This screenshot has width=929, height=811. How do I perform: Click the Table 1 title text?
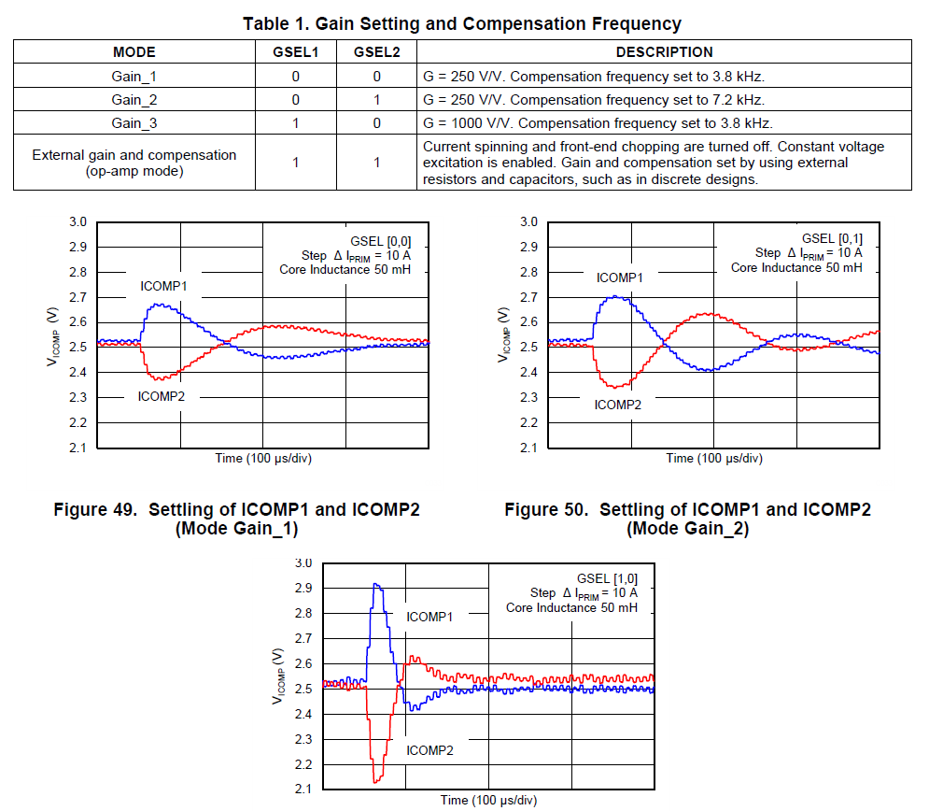pos(462,24)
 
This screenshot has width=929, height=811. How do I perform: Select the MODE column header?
pos(134,52)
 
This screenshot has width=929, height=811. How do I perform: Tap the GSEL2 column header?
pos(376,52)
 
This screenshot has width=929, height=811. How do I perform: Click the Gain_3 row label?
pos(134,123)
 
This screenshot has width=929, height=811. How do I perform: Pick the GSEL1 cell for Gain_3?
pos(296,123)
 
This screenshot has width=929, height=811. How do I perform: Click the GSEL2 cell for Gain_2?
pos(376,100)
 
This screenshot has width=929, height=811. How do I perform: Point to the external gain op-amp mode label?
pos(134,163)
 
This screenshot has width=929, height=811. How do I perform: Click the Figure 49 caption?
pos(236,519)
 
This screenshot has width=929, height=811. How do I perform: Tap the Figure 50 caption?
pos(687,519)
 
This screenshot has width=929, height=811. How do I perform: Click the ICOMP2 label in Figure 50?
pos(618,405)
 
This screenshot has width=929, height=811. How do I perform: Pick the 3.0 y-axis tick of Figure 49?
pos(77,222)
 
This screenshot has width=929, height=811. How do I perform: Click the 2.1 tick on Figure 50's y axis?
pos(528,448)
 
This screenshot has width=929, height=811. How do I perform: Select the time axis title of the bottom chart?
pos(488,800)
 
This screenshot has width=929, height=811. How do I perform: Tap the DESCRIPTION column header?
pos(664,52)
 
